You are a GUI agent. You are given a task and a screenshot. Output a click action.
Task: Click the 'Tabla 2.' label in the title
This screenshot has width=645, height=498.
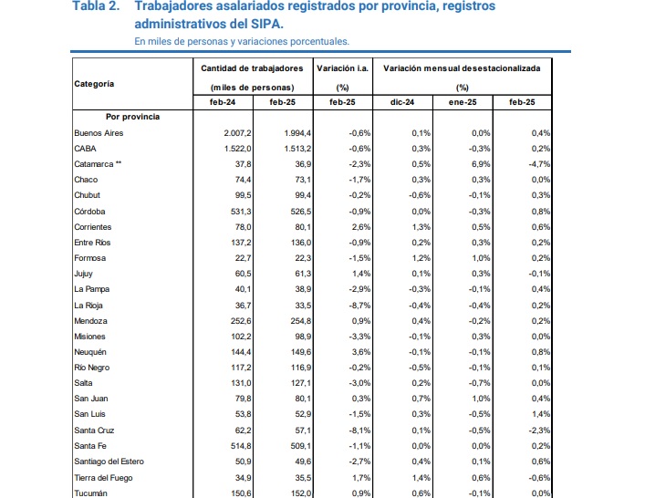click(96, 5)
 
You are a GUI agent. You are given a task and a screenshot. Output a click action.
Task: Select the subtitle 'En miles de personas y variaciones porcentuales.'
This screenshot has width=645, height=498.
click(242, 42)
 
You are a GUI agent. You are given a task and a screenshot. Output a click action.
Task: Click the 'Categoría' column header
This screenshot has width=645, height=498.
click(94, 84)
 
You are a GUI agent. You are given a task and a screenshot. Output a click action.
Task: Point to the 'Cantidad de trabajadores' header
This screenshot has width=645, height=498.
click(252, 68)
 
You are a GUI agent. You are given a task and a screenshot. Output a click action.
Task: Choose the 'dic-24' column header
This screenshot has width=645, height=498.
click(402, 102)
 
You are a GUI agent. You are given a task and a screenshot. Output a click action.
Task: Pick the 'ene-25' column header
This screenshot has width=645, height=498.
click(463, 102)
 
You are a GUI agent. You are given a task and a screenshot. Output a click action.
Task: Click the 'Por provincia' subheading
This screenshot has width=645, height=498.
click(132, 117)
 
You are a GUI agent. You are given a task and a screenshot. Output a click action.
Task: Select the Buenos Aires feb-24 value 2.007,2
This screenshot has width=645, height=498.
click(238, 133)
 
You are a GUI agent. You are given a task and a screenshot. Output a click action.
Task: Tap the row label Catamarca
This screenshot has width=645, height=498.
click(94, 164)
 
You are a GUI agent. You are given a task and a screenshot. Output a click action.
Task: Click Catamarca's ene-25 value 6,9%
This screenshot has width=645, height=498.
click(481, 164)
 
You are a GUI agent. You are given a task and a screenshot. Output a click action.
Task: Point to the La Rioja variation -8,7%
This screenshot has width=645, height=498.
click(359, 306)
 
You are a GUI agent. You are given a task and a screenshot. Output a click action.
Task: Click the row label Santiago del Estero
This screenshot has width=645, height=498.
click(109, 462)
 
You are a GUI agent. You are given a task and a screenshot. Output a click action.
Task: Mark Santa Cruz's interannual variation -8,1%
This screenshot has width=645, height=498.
click(360, 431)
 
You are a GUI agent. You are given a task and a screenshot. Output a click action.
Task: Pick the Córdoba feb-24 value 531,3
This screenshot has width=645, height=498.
click(241, 212)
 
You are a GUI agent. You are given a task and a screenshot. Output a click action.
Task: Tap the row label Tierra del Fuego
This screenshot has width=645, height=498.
click(103, 478)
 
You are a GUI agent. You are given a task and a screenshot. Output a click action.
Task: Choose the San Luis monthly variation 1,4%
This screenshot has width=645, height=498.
click(541, 414)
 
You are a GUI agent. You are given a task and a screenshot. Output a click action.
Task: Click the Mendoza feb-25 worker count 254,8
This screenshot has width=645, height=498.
click(301, 321)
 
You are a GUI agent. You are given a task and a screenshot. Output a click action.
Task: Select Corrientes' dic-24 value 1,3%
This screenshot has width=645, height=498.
click(421, 227)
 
